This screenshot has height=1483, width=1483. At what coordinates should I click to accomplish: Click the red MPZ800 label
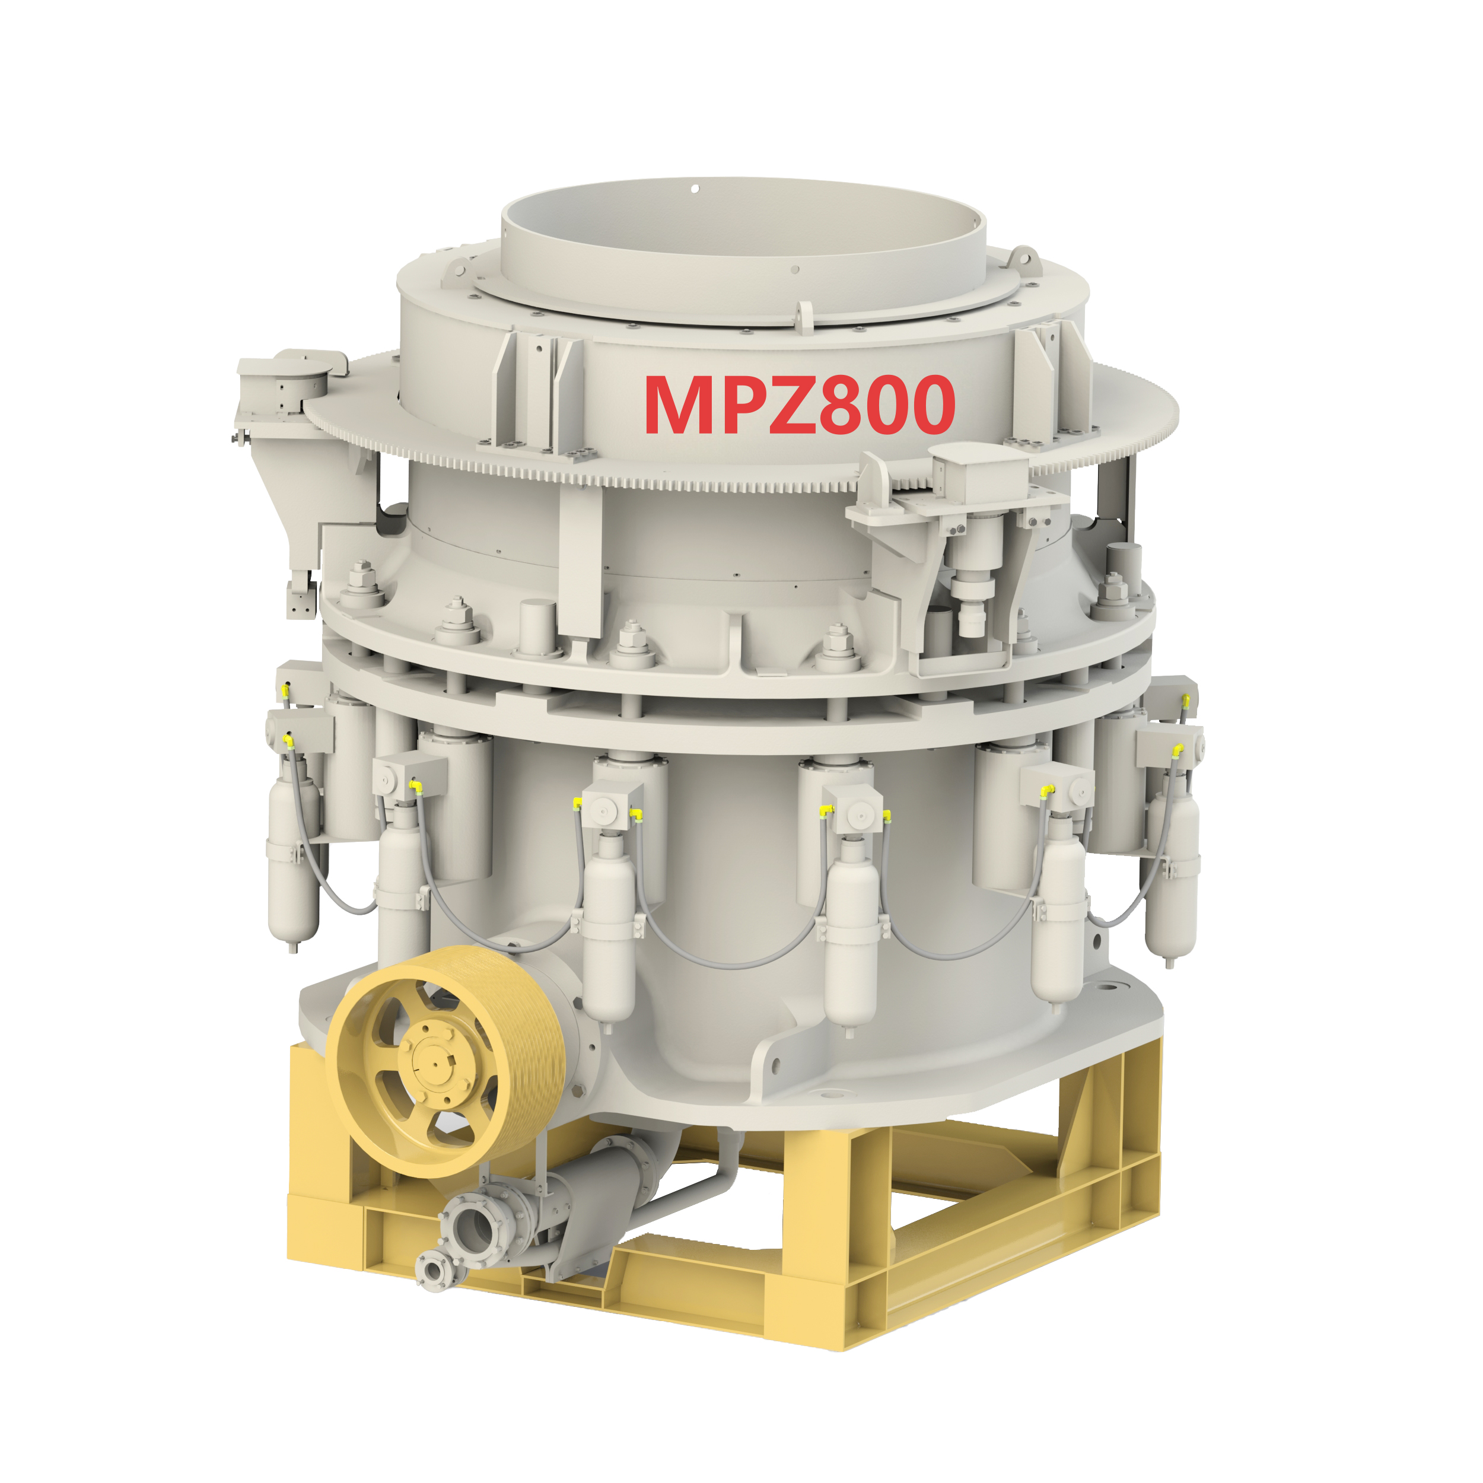[799, 405]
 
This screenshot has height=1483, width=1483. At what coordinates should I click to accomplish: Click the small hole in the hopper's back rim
[694, 188]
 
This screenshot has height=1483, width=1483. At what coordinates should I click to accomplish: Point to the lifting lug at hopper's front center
[804, 316]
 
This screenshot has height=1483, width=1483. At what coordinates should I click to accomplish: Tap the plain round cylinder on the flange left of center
[537, 626]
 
